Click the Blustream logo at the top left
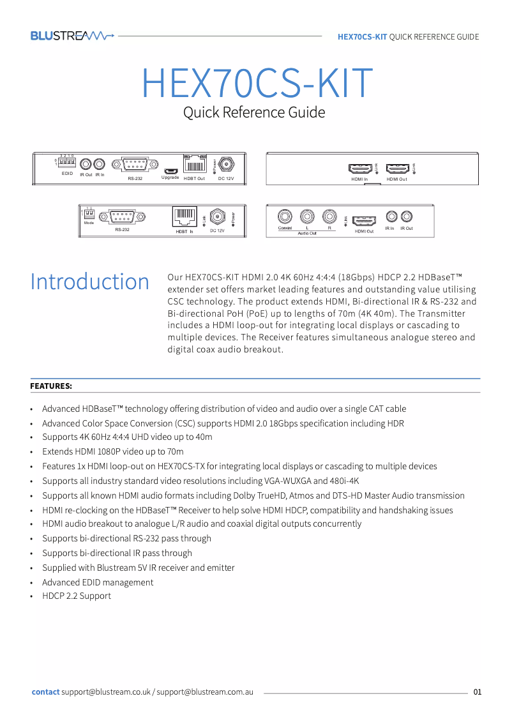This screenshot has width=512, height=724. click(72, 36)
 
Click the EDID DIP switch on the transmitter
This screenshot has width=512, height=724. click(67, 163)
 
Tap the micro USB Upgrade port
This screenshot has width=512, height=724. click(170, 170)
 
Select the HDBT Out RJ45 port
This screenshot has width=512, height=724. click(194, 165)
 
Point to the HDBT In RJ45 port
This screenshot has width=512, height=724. click(184, 217)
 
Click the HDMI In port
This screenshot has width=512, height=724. click(360, 169)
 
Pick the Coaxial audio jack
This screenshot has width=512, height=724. click(285, 216)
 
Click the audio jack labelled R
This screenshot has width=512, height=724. click(329, 216)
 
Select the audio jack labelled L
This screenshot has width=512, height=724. click(307, 216)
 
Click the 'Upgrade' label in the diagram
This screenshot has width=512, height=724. click(170, 177)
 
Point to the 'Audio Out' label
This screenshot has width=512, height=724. click(307, 234)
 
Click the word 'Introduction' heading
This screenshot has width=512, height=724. click(89, 282)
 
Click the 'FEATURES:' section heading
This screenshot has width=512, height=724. click(51, 386)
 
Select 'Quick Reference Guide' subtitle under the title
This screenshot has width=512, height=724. click(254, 113)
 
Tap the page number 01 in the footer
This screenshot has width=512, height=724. click(478, 692)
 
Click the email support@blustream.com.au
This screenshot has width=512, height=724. click(205, 692)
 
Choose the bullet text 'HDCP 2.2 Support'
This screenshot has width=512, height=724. click(77, 596)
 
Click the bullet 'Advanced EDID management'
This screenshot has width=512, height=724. click(98, 582)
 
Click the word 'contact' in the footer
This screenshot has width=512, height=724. click(45, 692)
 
